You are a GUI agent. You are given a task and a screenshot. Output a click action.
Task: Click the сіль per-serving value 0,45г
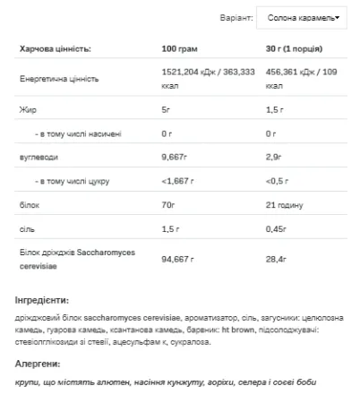[281, 230]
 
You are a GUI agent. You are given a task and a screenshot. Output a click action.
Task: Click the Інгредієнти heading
[43, 300]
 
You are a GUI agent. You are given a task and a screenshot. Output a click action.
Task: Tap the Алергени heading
[39, 364]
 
